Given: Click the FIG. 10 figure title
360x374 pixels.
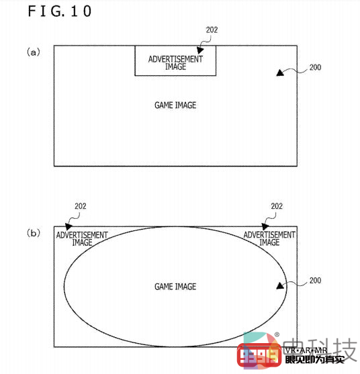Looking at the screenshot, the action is pyautogui.click(x=59, y=11).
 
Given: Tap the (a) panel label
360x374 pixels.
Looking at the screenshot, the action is pyautogui.click(x=34, y=52).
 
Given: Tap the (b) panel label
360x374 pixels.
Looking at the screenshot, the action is pyautogui.click(x=34, y=233).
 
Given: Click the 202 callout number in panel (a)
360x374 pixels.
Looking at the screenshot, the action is pyautogui.click(x=212, y=30).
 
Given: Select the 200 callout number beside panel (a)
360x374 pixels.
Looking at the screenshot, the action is pyautogui.click(x=315, y=67).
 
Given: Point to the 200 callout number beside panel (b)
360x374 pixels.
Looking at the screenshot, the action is pyautogui.click(x=315, y=280).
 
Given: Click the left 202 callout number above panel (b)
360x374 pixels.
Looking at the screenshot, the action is pyautogui.click(x=81, y=206).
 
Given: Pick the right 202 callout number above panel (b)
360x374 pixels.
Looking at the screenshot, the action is pyautogui.click(x=277, y=206).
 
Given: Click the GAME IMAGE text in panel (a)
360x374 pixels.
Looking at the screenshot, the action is pyautogui.click(x=175, y=105).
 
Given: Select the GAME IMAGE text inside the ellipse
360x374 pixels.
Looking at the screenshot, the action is pyautogui.click(x=175, y=287).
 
